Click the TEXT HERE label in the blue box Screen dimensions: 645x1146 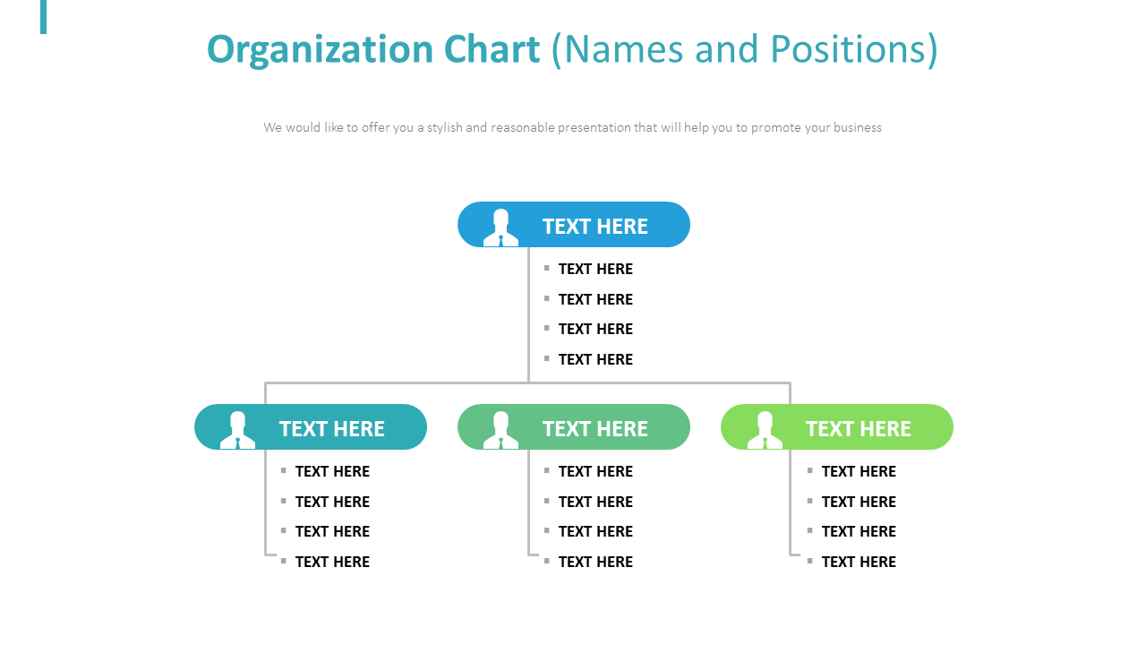pos(594,227)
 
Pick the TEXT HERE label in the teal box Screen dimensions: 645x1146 pos(331,429)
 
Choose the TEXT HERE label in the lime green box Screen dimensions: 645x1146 pos(858,429)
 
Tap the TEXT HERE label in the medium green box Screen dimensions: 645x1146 pos(594,429)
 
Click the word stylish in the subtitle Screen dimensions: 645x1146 pos(444,127)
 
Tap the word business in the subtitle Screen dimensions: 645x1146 pos(857,127)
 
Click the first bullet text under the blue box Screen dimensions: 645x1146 pos(595,269)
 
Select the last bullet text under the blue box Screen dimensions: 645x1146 pos(595,359)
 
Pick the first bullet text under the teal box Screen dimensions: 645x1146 pos(332,471)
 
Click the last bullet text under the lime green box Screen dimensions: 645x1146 pos(859,562)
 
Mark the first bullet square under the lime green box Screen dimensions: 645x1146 pos(809,470)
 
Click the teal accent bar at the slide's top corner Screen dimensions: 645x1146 pos(43,16)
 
